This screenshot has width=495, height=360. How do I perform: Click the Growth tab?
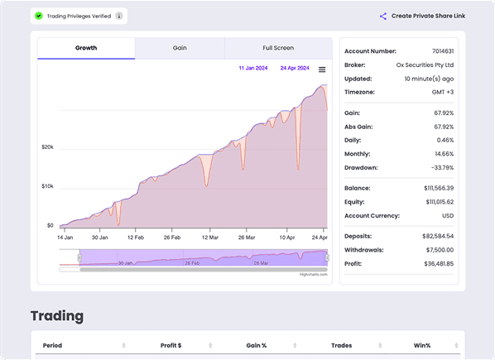tap(86, 48)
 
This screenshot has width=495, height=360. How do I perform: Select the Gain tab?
tap(180, 48)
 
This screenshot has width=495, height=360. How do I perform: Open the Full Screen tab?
tap(278, 48)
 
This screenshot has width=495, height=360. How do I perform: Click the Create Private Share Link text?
tap(427, 16)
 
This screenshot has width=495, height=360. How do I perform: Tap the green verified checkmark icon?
tap(39, 16)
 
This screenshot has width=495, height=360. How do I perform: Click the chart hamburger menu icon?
tap(322, 70)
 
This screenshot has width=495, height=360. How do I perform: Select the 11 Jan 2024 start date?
tap(252, 68)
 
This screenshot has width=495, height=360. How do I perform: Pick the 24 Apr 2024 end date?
tap(295, 68)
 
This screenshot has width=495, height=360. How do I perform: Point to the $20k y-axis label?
tap(47, 147)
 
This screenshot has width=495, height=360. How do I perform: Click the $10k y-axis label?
tap(47, 186)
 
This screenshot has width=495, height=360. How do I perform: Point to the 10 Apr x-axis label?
tap(287, 238)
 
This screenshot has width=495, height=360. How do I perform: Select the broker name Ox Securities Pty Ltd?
tap(425, 65)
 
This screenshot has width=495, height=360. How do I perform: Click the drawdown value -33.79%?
tap(438, 167)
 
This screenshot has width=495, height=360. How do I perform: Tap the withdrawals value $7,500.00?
tap(436, 249)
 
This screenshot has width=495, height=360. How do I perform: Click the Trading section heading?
tap(57, 316)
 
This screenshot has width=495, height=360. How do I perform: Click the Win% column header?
tap(423, 345)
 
